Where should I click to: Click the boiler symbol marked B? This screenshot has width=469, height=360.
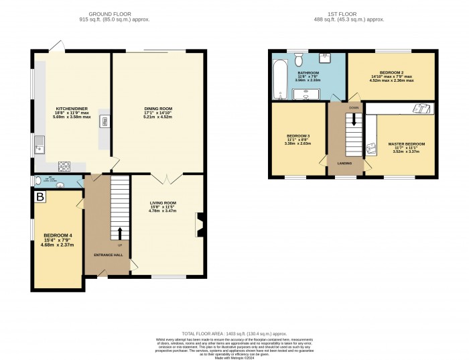point(40,197)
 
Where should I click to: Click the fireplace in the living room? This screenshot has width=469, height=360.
point(199,225)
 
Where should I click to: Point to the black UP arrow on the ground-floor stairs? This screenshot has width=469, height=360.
point(121,233)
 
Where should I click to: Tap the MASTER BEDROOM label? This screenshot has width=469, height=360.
point(406,143)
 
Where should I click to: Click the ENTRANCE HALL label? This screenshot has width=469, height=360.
point(107,255)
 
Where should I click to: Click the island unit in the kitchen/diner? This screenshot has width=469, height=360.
point(104,121)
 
